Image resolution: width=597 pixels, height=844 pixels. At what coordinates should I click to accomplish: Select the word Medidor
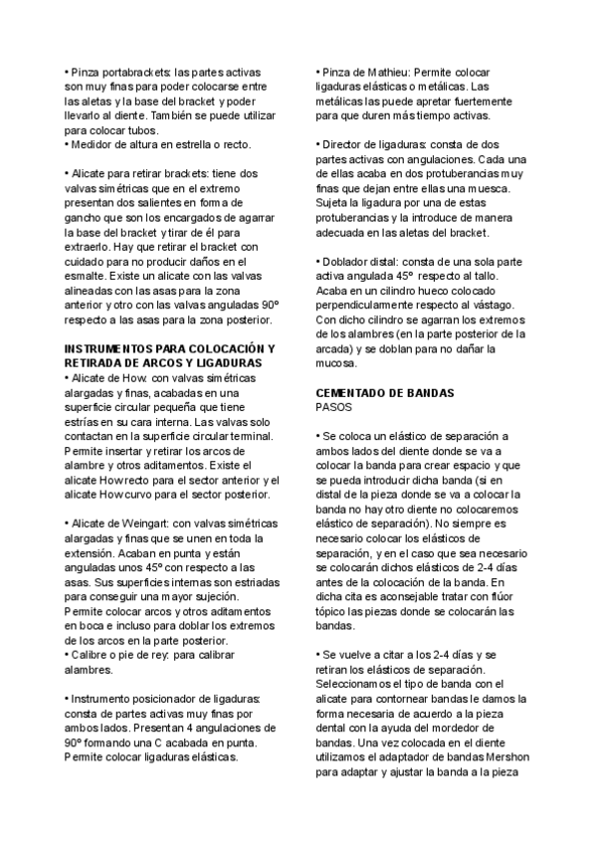click(x=91, y=143)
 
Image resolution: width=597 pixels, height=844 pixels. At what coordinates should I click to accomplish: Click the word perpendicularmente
click(x=368, y=307)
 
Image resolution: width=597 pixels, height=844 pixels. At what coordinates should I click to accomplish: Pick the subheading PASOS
click(x=334, y=407)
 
